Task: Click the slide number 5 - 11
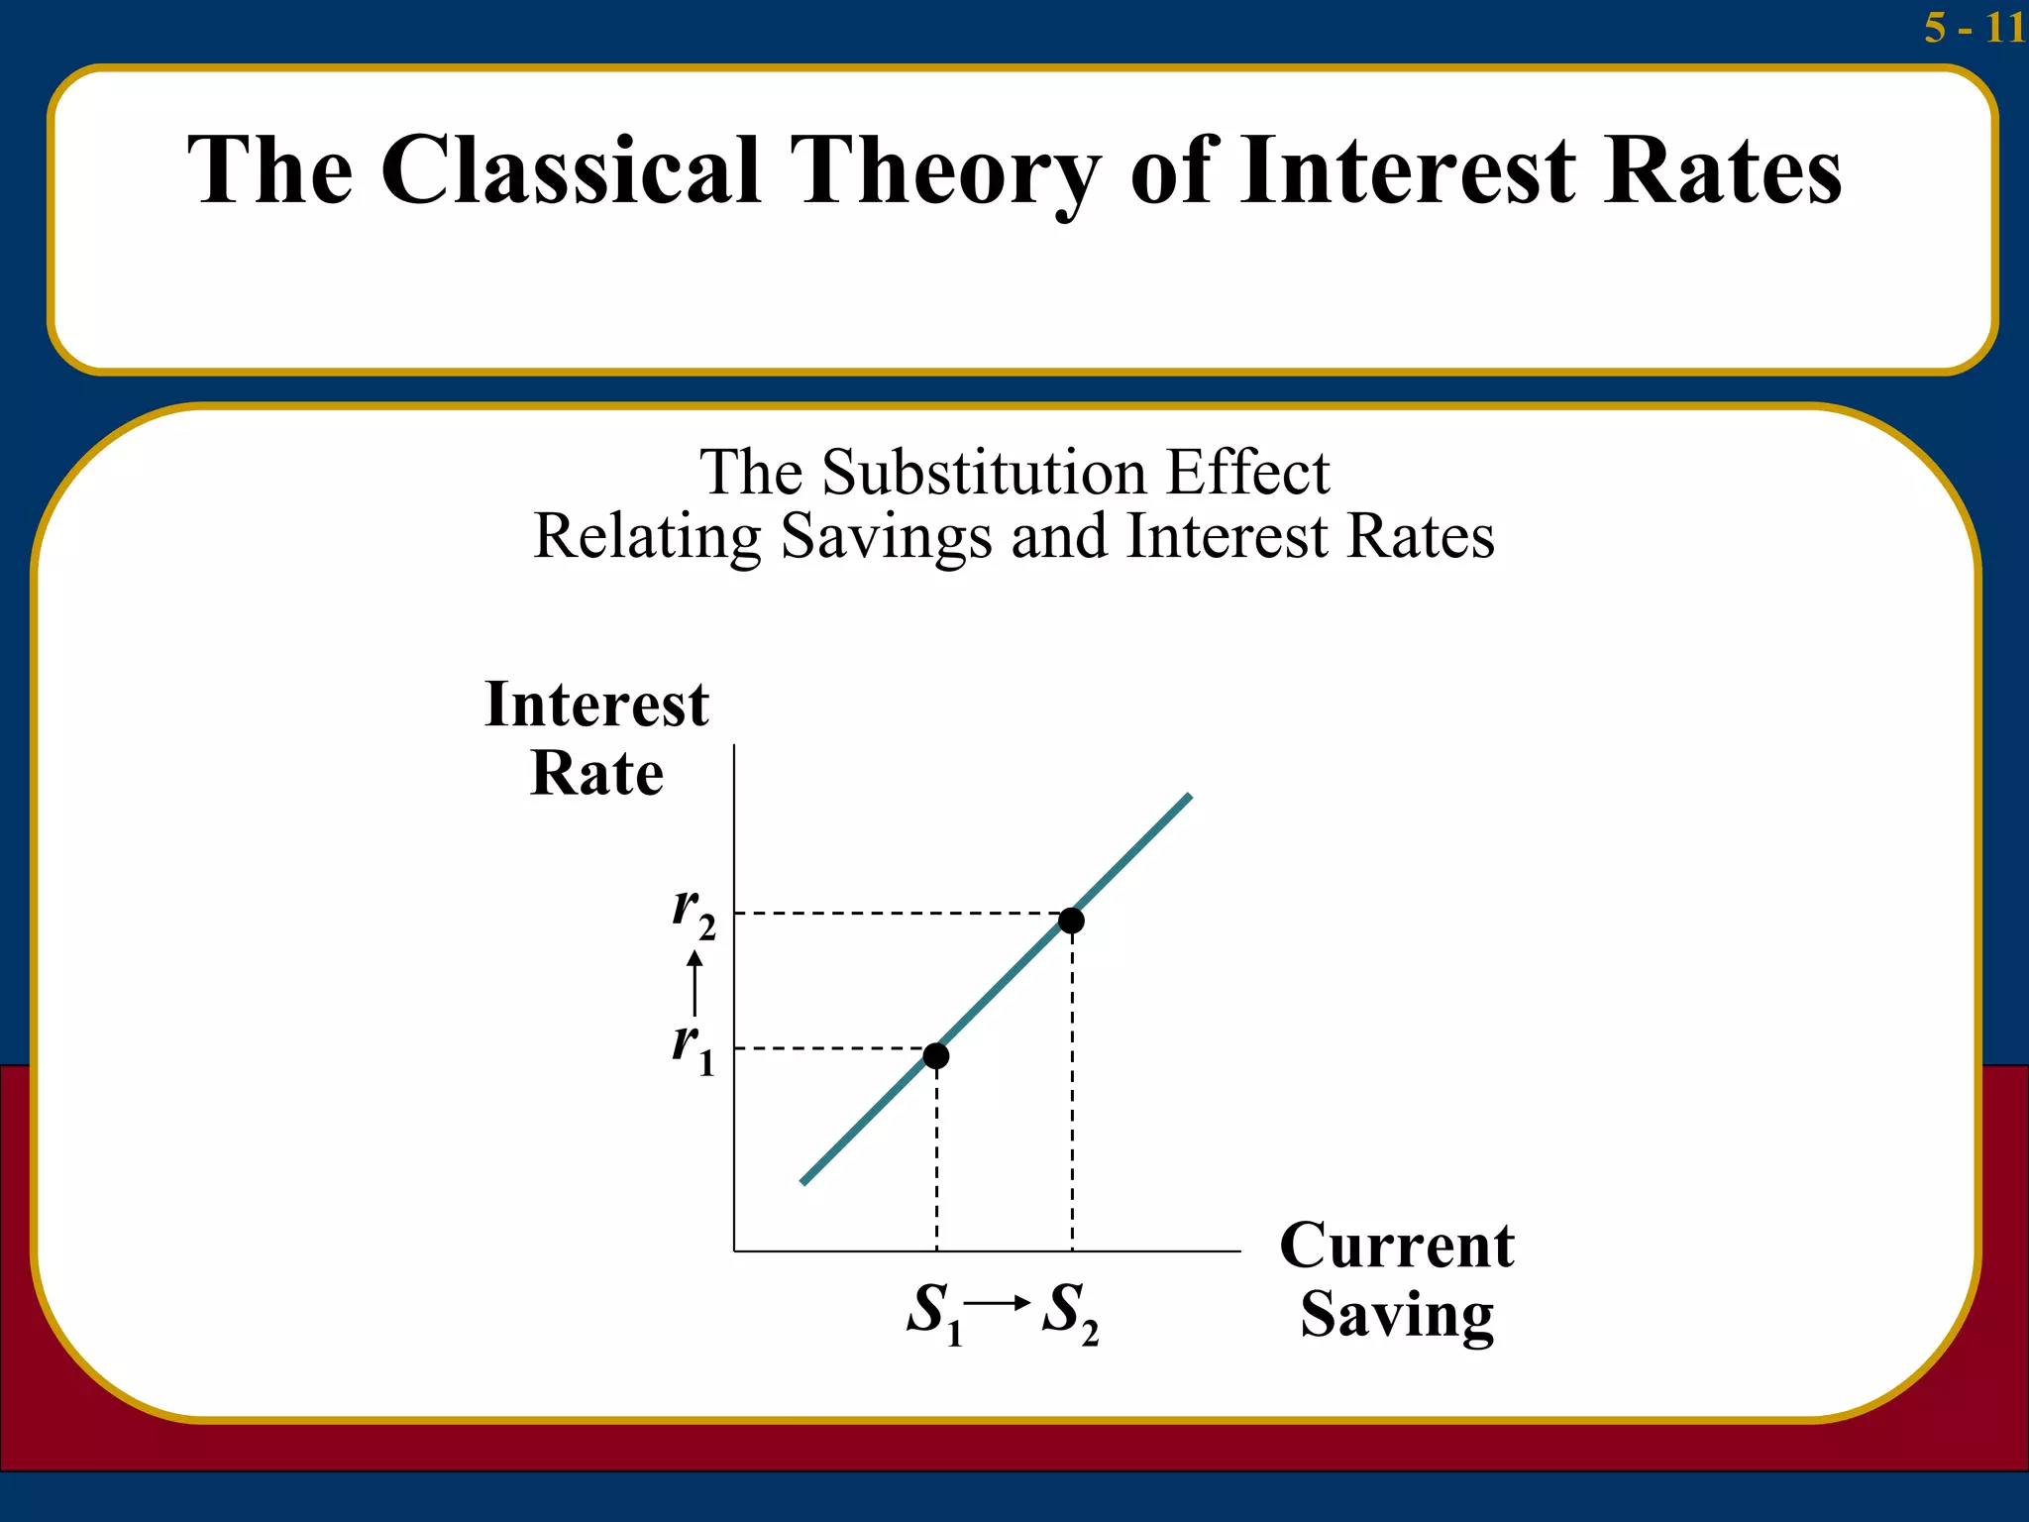1974,28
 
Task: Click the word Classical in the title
571,170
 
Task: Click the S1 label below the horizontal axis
934,1313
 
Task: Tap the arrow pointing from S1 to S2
998,1303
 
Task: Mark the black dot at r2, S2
1071,921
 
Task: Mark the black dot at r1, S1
936,1056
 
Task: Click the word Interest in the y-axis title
596,706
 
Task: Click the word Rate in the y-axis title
596,773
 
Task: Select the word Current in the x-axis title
1397,1246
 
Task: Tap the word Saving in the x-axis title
1397,1315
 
